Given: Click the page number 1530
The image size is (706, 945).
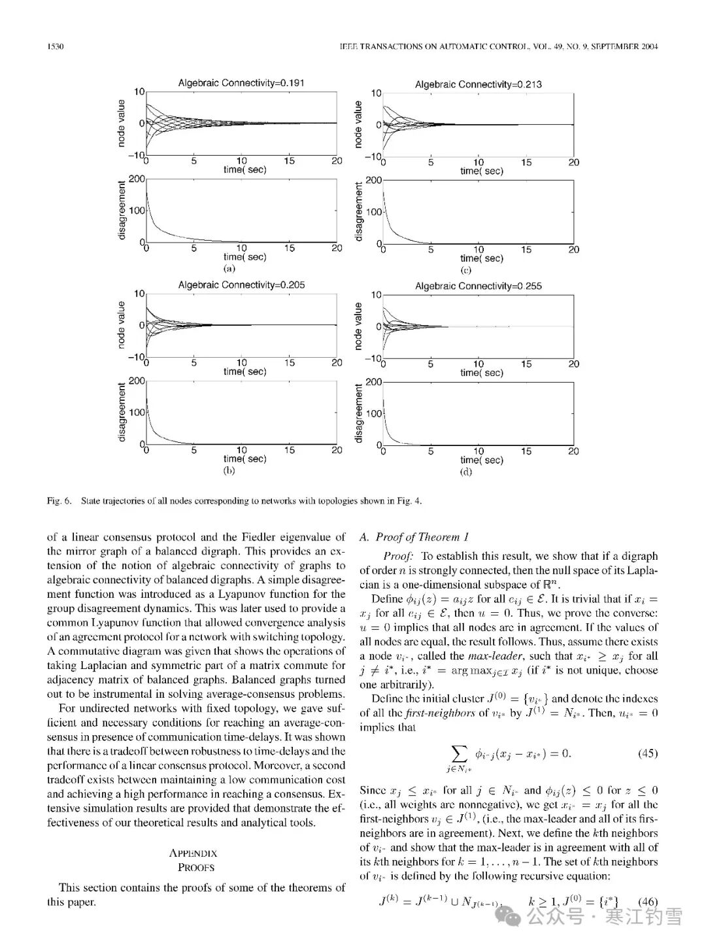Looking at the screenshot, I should [x=54, y=46].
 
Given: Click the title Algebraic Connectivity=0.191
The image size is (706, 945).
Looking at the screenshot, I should [x=241, y=83].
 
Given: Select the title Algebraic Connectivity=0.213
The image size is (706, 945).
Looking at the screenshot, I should [x=478, y=84].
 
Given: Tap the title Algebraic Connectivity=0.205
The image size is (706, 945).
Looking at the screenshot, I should [x=241, y=285].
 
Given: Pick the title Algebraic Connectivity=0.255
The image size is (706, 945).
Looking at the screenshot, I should [x=478, y=286].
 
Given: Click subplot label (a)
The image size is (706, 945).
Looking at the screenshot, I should [x=229, y=268].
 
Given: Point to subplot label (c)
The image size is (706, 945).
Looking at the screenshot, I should [x=466, y=269].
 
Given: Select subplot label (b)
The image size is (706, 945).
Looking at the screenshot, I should [x=229, y=470].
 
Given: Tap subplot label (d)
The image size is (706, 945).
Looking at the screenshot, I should [x=466, y=472].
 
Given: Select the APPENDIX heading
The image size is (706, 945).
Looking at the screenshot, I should [x=193, y=853].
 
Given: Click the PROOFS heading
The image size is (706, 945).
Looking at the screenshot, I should [x=195, y=868].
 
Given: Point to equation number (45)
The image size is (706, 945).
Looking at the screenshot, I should [x=647, y=753].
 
